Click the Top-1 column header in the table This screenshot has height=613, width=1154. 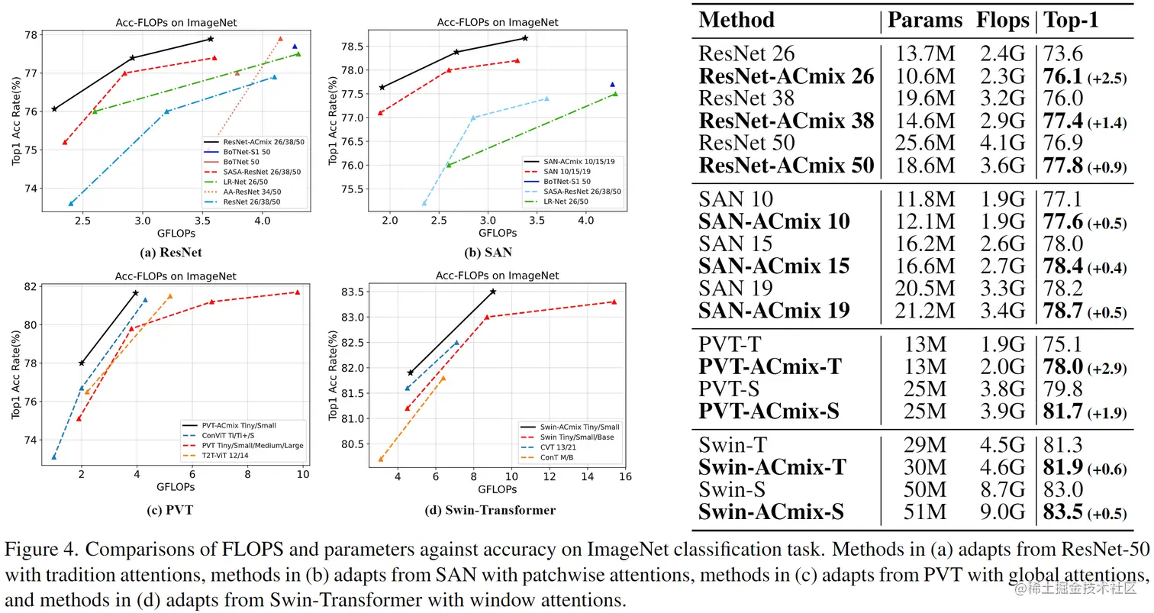coord(1071,21)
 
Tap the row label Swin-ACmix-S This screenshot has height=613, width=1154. coord(771,511)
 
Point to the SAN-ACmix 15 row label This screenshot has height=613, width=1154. coord(774,266)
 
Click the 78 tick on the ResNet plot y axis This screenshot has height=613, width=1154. coord(31,35)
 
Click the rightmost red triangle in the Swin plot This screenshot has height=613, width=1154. coord(614,302)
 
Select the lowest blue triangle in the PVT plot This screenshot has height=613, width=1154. coord(54,457)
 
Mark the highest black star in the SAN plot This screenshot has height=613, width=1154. coord(525,37)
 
